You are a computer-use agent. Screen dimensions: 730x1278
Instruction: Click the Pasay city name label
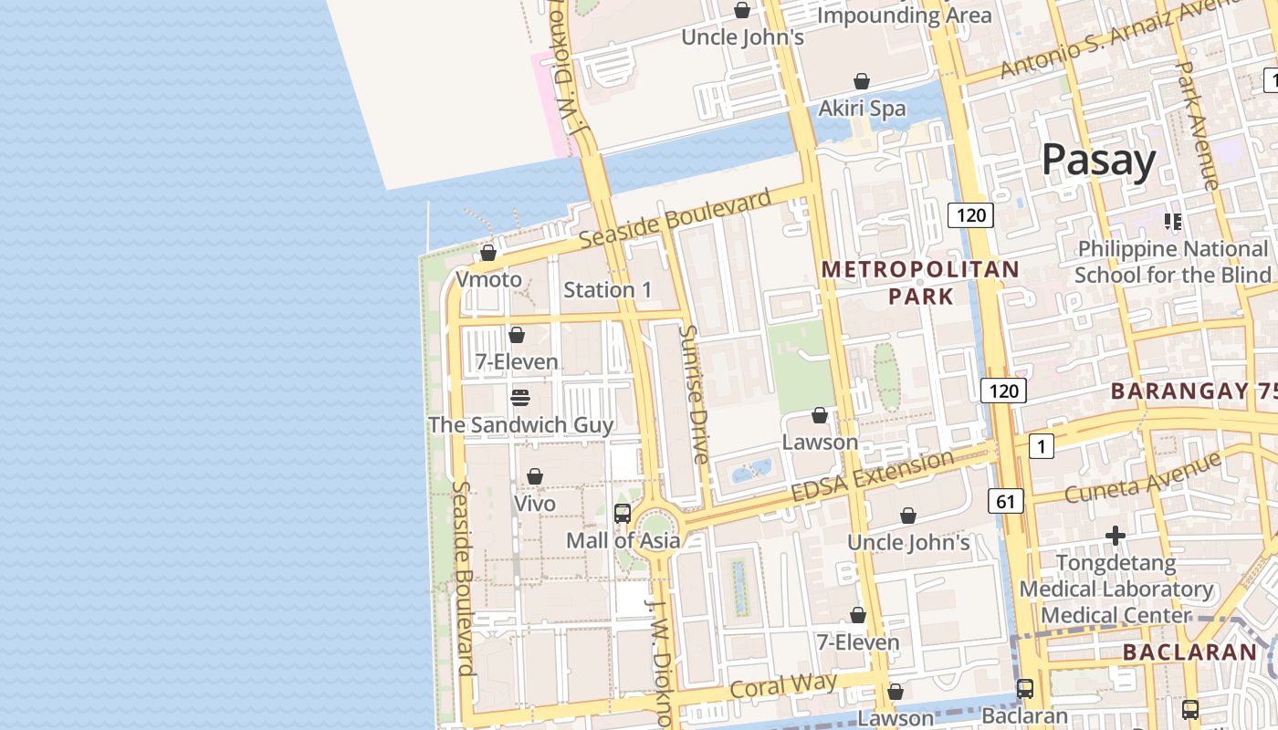(x=1098, y=160)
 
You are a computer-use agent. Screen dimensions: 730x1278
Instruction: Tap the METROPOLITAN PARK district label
(x=920, y=282)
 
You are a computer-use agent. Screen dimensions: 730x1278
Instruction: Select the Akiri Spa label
(x=862, y=109)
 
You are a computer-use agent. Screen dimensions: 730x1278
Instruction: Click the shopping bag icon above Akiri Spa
(x=861, y=81)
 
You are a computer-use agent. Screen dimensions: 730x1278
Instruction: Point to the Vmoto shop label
(x=488, y=279)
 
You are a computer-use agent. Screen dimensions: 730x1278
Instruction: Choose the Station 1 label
(x=607, y=290)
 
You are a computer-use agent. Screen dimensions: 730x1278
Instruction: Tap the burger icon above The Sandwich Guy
(x=520, y=398)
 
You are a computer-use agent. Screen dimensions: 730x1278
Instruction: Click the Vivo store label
(x=535, y=504)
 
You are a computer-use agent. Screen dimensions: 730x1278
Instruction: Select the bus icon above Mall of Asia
(x=623, y=513)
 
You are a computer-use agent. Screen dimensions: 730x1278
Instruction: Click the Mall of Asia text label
(x=623, y=540)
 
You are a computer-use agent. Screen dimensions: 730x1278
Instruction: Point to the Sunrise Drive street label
(x=695, y=394)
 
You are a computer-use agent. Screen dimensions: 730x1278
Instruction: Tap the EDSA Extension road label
(x=872, y=475)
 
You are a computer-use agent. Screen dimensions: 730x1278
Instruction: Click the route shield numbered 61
(x=1005, y=500)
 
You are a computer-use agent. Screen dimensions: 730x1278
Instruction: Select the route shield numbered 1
(x=1041, y=446)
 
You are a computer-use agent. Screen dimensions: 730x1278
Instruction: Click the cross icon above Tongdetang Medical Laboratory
(x=1115, y=536)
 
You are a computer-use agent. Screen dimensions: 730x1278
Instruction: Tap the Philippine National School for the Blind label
(x=1172, y=262)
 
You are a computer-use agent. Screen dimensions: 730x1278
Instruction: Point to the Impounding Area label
(x=904, y=16)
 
